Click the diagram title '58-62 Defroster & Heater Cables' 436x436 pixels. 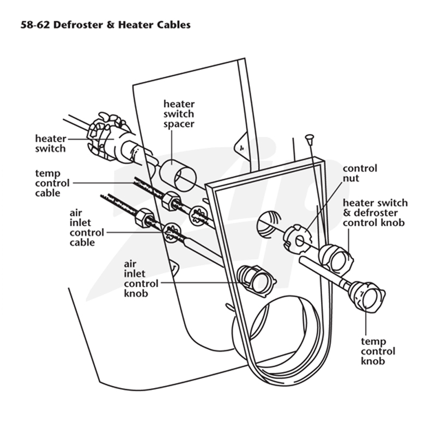point(106,25)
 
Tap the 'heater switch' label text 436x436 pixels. point(51,143)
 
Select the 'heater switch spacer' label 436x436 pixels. point(179,114)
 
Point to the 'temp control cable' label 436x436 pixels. point(52,183)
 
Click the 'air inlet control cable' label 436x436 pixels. point(87,227)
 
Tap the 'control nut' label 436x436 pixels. point(360,173)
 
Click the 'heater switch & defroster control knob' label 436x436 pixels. point(375,213)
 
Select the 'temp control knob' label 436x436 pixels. point(378,351)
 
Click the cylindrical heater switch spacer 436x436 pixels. point(178,175)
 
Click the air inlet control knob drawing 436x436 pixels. point(256,281)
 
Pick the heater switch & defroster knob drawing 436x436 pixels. point(336,258)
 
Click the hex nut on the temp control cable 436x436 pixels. point(171,201)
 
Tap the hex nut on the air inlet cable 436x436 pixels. point(144,218)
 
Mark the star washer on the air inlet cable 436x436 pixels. point(172,233)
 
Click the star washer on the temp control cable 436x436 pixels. point(199,215)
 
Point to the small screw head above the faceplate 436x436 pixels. point(309,137)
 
